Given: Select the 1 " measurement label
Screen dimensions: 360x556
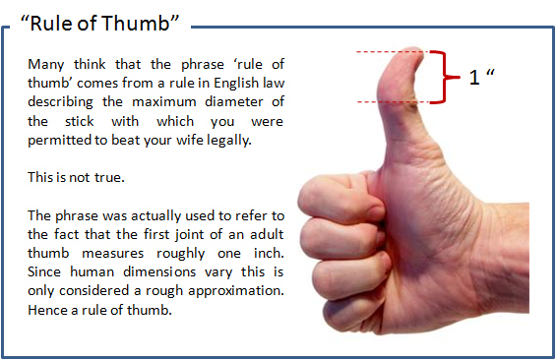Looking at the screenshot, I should coord(480,77).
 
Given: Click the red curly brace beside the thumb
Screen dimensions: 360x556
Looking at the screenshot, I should coord(450,77).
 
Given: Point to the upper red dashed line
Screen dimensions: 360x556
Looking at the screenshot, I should coord(379,52).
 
